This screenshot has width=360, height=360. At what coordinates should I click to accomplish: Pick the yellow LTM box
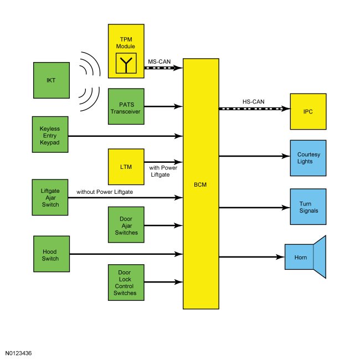pos(126,165)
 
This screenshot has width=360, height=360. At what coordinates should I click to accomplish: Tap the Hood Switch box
pos(51,255)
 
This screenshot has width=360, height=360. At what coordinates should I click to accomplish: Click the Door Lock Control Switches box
pos(126,284)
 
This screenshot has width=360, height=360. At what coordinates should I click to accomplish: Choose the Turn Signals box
pos(307,207)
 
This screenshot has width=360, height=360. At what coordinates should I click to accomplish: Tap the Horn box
pos(299,257)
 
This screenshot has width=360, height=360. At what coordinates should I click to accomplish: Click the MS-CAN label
pos(158,61)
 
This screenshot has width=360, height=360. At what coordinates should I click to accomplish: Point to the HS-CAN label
pos(253,101)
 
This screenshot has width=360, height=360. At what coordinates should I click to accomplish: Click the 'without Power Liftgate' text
pos(113,192)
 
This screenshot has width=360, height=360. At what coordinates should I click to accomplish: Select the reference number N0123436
pos(19,352)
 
